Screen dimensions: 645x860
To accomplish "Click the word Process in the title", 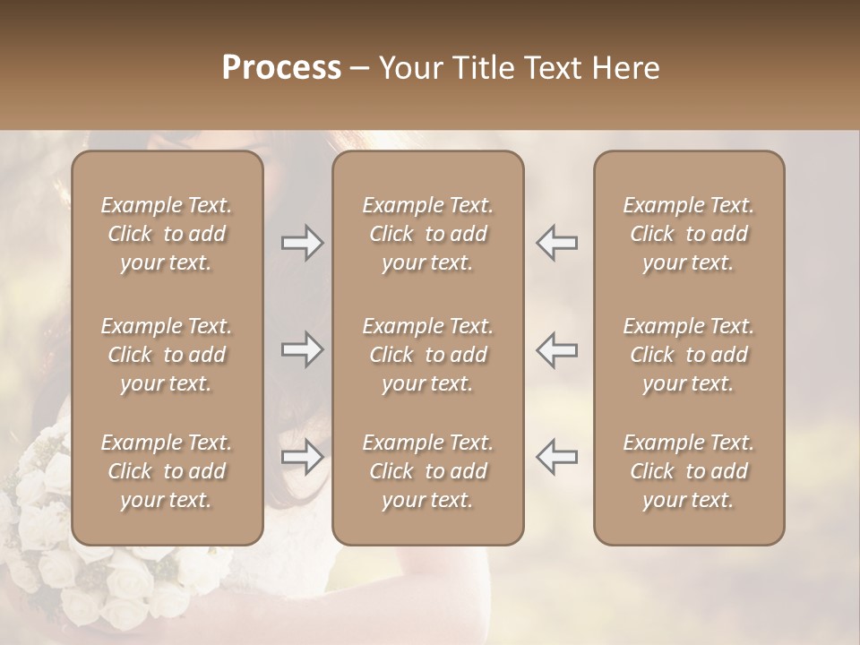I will coord(281,68).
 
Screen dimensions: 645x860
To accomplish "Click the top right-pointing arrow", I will coord(303,243).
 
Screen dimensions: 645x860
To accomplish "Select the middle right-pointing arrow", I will coord(303,349).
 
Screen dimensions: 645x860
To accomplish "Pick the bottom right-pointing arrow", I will coord(303,457).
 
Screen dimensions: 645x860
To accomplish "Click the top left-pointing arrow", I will coord(556,243).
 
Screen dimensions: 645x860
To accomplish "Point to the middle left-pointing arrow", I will coord(556,349).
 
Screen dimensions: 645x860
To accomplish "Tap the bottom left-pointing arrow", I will coord(556,457).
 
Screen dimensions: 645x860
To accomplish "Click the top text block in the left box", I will coord(167,234).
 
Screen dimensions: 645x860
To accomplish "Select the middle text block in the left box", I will coord(167,355).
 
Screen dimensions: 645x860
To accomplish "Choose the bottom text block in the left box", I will coord(167,471).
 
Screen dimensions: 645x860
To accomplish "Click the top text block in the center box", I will coord(427,234).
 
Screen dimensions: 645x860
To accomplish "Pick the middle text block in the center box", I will coord(427,355).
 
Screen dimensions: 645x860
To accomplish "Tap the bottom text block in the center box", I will coord(427,471).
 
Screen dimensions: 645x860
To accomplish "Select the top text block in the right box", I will coord(688,234).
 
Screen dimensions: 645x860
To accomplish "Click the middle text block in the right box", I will coord(688,355).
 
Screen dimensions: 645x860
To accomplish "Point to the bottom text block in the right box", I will coord(688,471).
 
